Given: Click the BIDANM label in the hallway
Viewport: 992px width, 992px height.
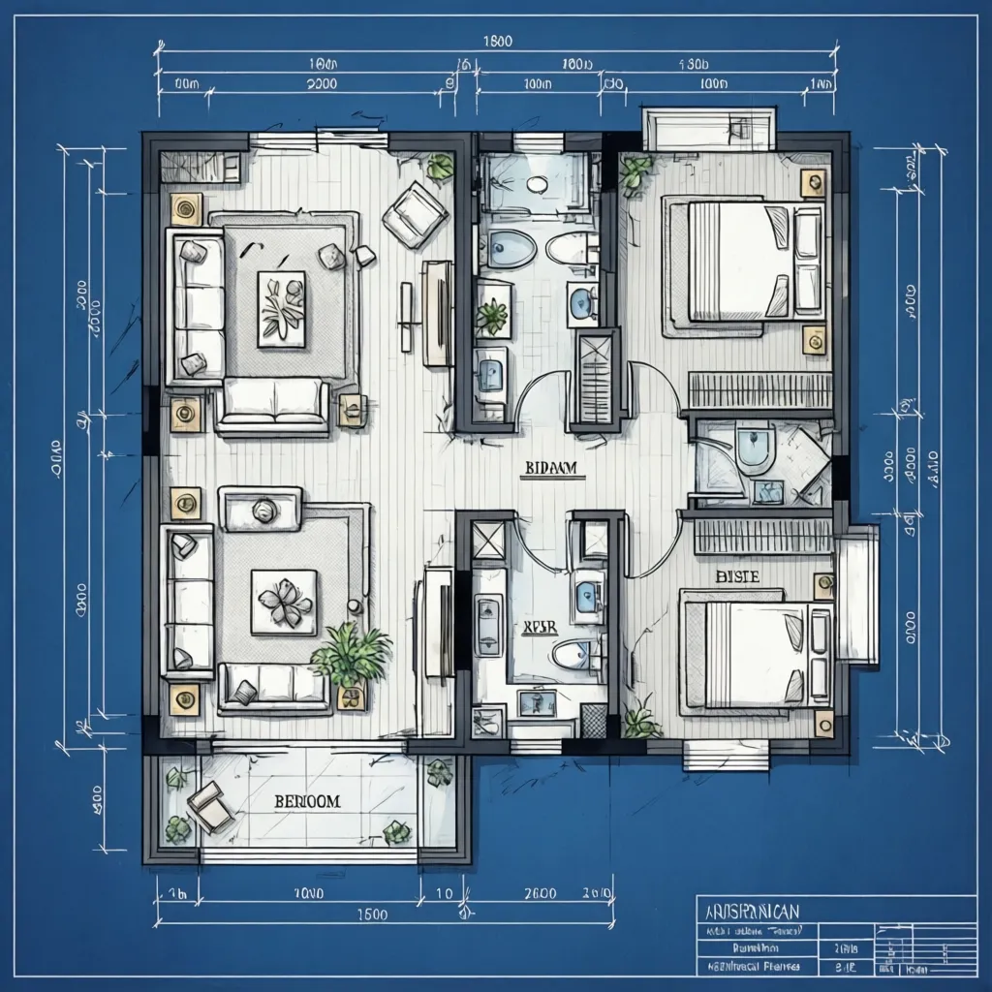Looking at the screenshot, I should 550,468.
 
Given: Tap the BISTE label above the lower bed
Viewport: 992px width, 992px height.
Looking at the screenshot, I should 736,576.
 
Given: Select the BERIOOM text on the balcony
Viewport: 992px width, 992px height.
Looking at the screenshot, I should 307,802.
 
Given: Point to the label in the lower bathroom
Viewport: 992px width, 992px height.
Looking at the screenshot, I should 540,627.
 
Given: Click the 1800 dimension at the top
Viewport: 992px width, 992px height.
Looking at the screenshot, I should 497,41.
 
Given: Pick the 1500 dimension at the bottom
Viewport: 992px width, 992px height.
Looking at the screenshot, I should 372,914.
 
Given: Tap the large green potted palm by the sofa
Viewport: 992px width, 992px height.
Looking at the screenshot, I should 351,657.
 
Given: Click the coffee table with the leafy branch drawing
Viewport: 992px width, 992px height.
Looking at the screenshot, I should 281,309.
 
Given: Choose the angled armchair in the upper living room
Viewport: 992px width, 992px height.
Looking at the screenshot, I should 414,214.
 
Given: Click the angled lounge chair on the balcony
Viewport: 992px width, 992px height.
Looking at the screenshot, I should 210,807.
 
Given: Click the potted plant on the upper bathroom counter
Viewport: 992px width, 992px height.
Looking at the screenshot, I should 492,316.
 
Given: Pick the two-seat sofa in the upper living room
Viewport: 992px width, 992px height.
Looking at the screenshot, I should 272,404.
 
